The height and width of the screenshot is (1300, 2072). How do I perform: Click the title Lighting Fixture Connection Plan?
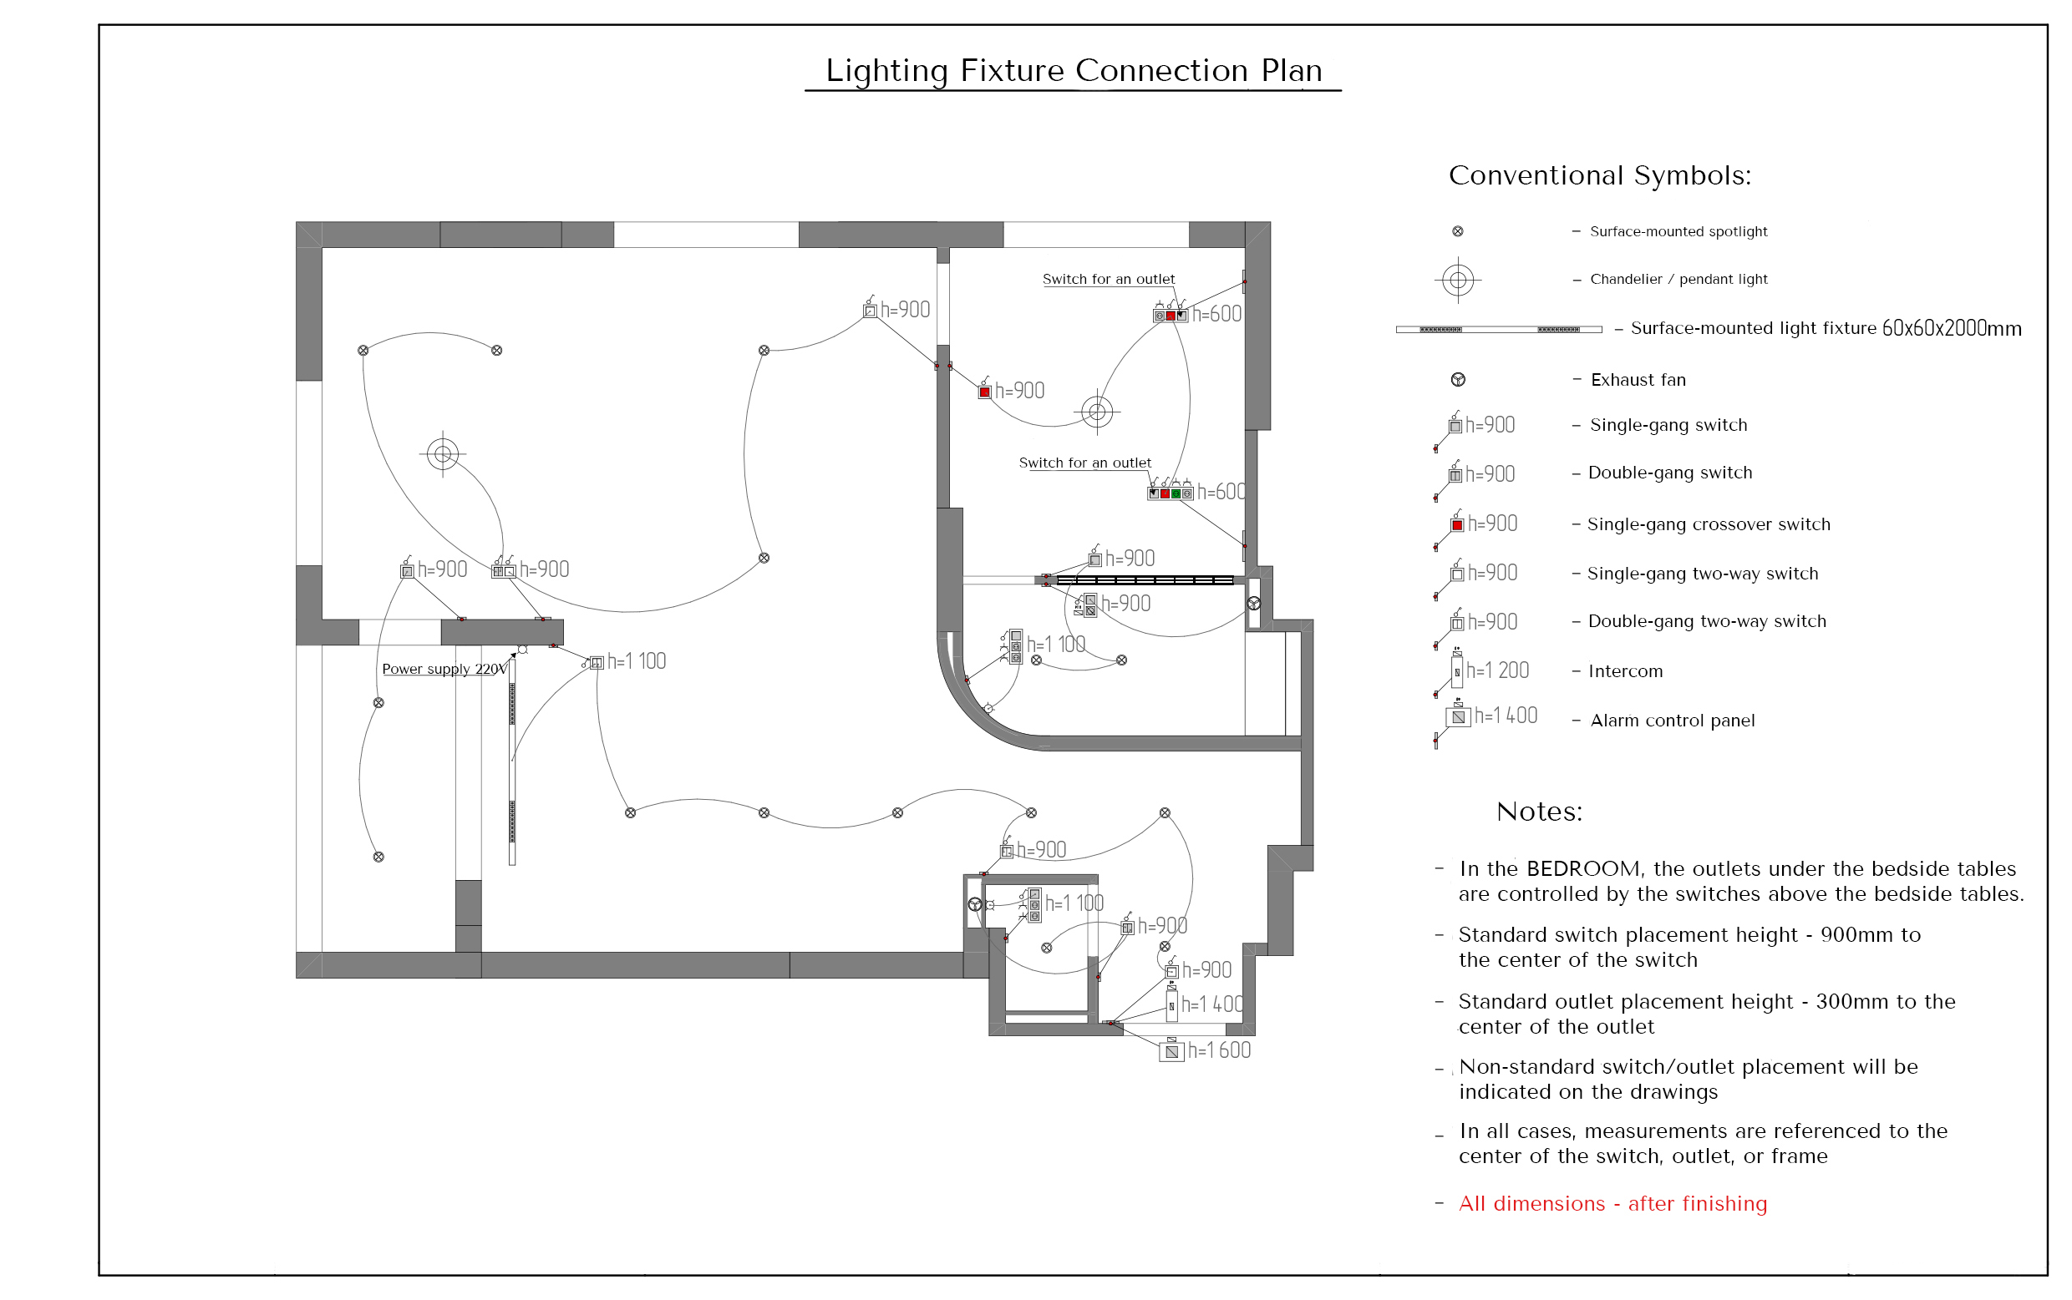point(1074,70)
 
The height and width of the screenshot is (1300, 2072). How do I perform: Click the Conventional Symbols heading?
point(1600,175)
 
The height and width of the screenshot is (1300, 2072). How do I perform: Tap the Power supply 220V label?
point(444,669)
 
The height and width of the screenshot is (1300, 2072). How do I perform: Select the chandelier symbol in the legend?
point(1457,280)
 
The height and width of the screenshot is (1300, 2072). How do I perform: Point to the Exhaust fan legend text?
point(1638,380)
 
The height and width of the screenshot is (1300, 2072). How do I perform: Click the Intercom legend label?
point(1626,671)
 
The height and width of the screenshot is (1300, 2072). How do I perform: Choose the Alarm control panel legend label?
point(1673,721)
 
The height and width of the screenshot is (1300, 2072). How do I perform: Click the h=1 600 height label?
point(1219,1050)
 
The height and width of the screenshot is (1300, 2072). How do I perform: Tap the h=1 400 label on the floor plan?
point(1212,1004)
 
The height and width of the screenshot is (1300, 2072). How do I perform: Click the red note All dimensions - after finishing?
point(1612,1204)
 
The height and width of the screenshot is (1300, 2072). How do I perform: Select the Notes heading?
point(1540,812)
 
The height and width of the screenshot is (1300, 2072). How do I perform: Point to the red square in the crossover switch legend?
point(1457,525)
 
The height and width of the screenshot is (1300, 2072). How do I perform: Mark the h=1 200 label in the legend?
point(1497,670)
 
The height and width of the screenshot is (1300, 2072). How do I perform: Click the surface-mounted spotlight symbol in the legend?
point(1457,231)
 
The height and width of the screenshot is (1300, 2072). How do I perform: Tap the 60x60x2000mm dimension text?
point(1952,328)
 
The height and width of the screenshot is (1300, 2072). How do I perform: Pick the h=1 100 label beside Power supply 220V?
point(637,661)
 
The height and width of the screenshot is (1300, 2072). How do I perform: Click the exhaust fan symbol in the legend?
point(1458,380)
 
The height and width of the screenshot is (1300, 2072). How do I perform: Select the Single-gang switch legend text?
point(1668,425)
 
